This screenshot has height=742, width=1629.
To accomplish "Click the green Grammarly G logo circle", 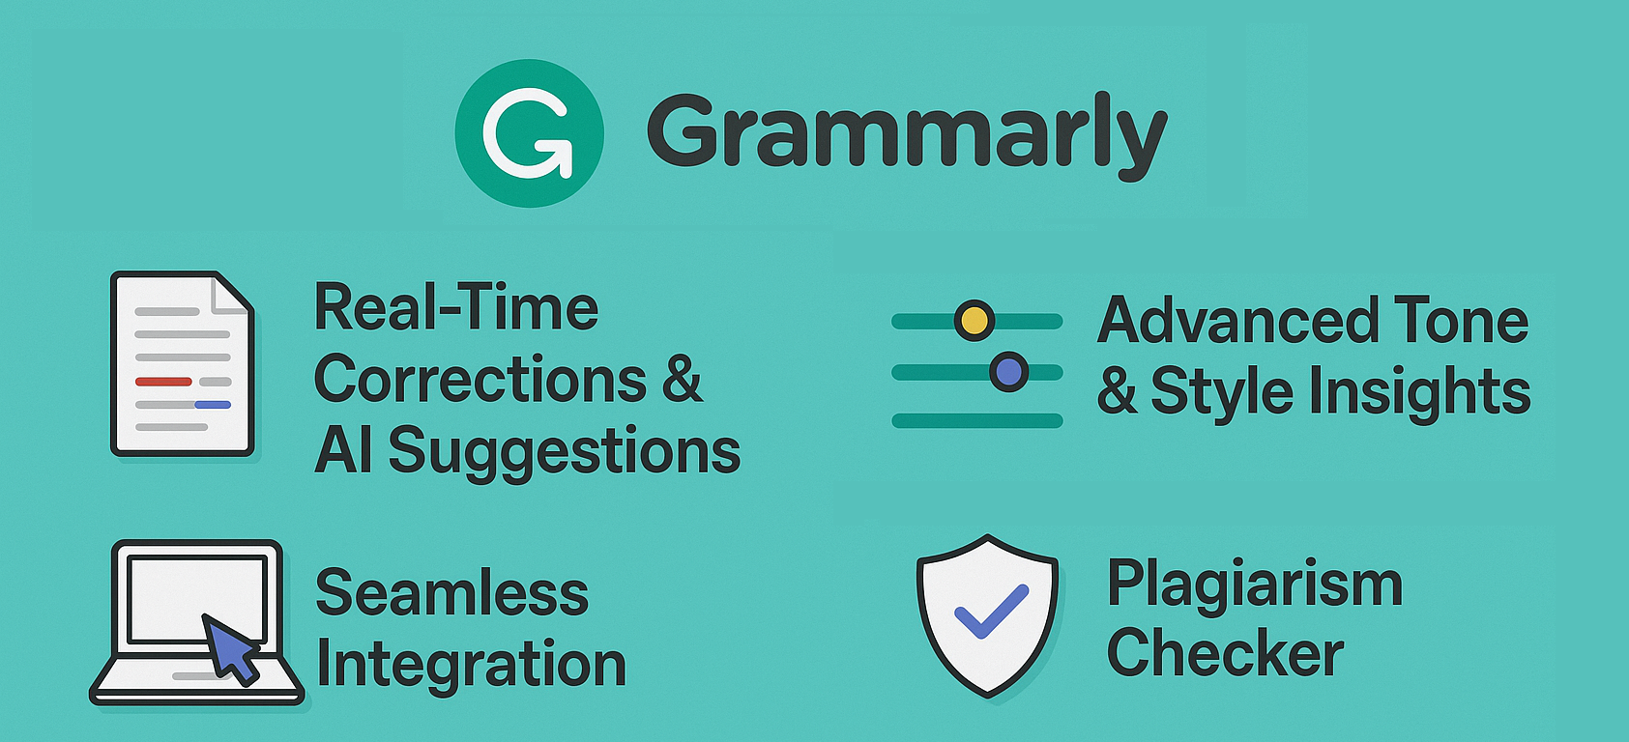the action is point(530,133).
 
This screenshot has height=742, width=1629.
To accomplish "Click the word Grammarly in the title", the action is point(907,135).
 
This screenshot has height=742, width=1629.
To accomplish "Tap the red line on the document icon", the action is point(163,382).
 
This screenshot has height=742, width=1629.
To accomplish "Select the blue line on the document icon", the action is point(213,405).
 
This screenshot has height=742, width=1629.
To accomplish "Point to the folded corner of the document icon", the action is point(230,296).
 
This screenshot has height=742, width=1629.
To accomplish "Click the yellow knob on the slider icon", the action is point(974,320).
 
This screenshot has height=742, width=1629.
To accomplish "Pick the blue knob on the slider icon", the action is point(1008,372).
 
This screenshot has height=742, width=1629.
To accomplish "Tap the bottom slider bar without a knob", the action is point(977,421).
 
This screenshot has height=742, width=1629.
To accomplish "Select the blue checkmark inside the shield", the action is point(991,612).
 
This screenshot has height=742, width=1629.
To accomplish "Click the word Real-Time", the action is point(456,308).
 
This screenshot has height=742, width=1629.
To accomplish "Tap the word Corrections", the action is point(480,379).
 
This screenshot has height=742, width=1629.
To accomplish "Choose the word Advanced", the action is point(1237,320).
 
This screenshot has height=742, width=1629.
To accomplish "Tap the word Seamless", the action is point(452,593).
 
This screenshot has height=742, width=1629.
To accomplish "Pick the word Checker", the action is point(1226,652).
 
